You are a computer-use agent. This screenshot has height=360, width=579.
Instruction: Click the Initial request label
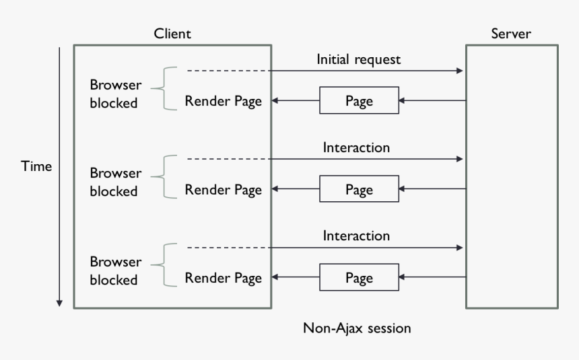[x=358, y=59]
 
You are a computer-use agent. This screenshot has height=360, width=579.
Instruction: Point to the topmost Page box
[x=358, y=102]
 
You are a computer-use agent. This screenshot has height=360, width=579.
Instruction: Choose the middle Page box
[x=358, y=190]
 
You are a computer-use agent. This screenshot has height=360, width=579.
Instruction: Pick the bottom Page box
[x=358, y=278]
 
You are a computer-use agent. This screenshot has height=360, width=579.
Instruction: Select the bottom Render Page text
[x=223, y=278]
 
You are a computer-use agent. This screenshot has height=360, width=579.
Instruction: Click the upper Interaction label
[x=356, y=147]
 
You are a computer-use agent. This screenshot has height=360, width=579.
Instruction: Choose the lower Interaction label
[x=356, y=236]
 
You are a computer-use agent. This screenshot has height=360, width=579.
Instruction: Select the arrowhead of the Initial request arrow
[x=461, y=71]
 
